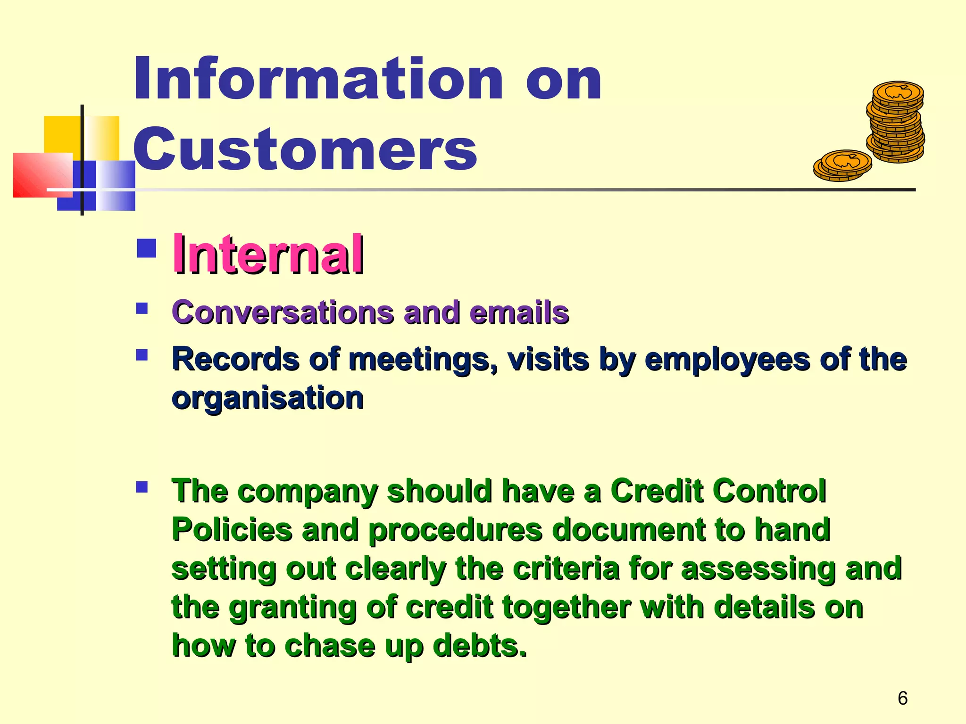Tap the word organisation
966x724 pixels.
pos(267,398)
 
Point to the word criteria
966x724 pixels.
pos(566,568)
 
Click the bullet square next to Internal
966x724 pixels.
pos(146,248)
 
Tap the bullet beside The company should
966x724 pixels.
pos(142,487)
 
